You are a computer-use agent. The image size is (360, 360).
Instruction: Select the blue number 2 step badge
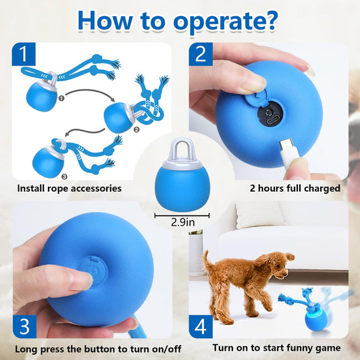200,55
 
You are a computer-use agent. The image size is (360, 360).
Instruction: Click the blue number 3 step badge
24,326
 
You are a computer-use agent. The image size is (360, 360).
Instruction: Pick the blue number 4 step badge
200,327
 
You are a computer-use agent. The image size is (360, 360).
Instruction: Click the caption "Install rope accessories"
70,188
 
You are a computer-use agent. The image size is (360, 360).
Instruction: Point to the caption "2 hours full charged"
294,188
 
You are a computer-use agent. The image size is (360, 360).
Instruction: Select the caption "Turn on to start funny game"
276,348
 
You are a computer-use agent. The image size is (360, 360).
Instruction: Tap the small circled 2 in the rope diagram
138,128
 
